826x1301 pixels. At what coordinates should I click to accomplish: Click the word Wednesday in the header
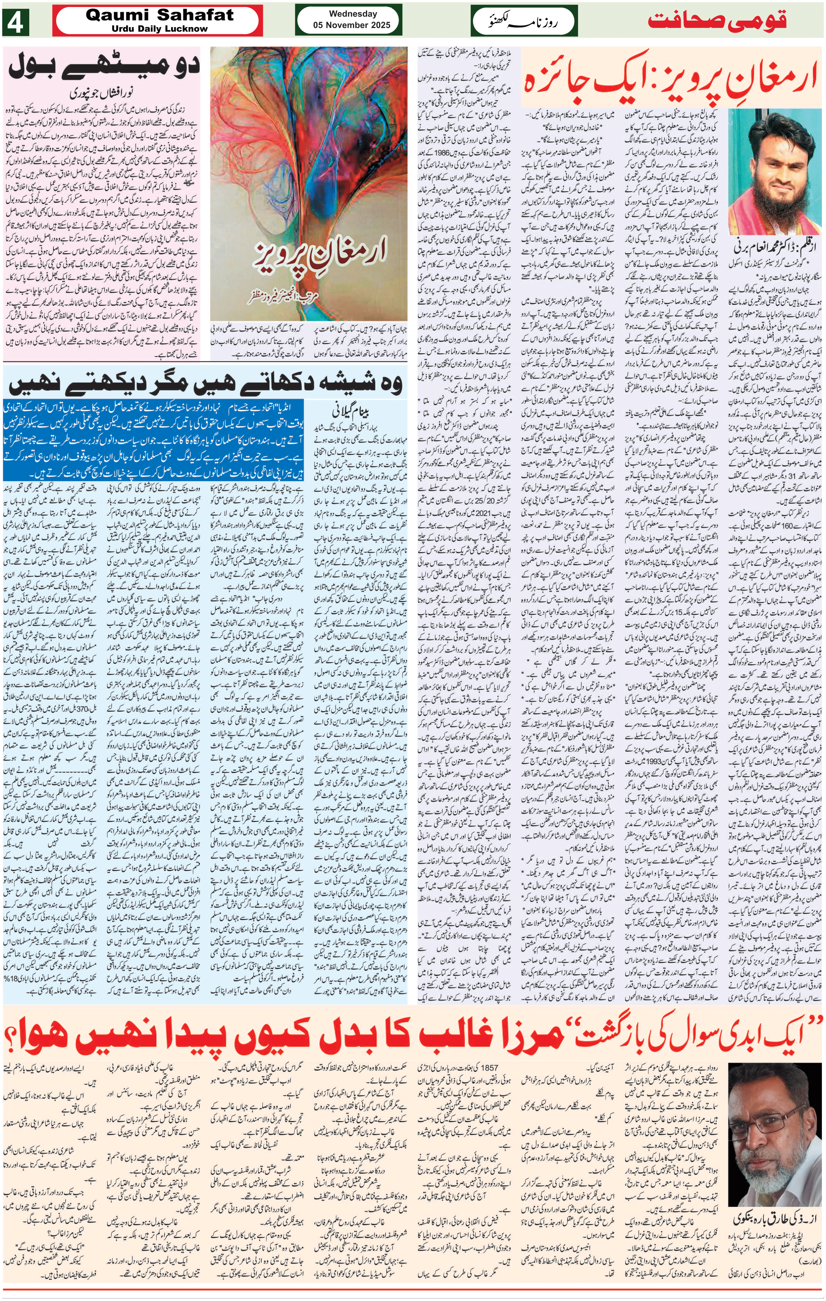[353, 14]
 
